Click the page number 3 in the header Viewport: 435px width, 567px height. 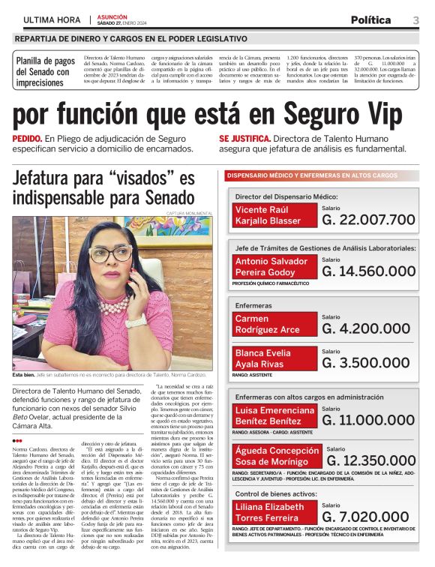tap(415, 19)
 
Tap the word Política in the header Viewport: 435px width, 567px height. tap(370, 19)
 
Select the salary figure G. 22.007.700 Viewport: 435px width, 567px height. tap(368, 220)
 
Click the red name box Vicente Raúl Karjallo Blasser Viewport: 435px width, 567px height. tap(275, 215)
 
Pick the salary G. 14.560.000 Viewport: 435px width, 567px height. tap(368, 271)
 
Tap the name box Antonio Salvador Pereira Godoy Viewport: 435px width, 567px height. tap(275, 266)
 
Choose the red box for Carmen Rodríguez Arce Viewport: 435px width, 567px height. tap(275, 324)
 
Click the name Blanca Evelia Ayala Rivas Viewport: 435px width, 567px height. tap(275, 358)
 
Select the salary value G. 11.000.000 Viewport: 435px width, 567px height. tap(368, 420)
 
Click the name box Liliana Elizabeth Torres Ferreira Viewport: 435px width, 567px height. tap(275, 533)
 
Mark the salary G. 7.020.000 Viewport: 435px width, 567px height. tap(368, 538)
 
